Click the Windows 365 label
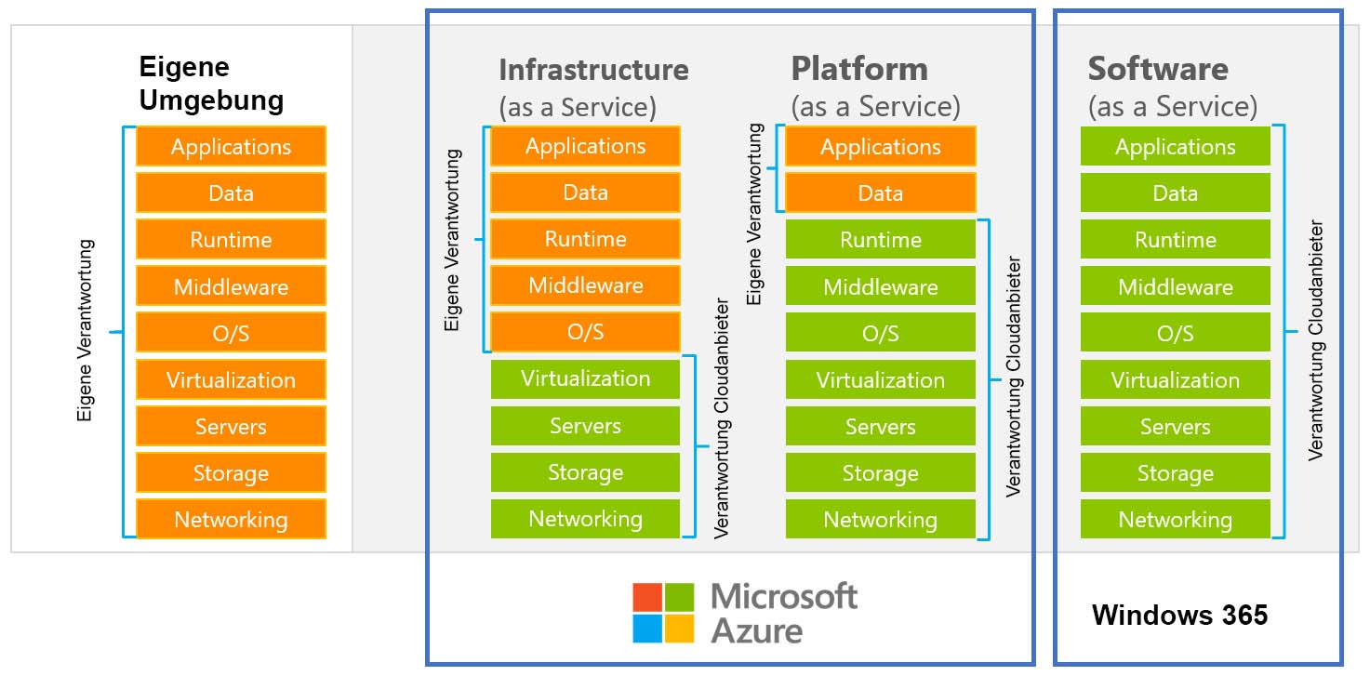click(x=1179, y=615)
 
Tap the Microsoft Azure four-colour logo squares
click(x=663, y=613)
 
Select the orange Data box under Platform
click(x=880, y=193)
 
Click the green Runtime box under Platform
click(x=880, y=240)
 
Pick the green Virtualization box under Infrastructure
click(x=585, y=379)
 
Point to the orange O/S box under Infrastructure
click(x=585, y=332)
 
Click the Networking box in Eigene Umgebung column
click(x=231, y=519)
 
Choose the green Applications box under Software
click(x=1175, y=147)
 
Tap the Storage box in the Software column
click(x=1175, y=473)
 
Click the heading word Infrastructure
click(x=593, y=70)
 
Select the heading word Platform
click(x=858, y=70)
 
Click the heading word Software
click(x=1157, y=70)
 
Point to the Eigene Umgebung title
click(x=211, y=84)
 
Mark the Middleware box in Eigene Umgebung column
click(x=231, y=286)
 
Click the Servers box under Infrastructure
click(x=585, y=426)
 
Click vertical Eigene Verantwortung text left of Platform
click(x=755, y=214)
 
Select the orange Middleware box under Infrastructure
click(x=585, y=285)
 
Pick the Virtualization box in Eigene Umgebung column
click(x=231, y=379)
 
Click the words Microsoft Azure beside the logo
click(x=783, y=613)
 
